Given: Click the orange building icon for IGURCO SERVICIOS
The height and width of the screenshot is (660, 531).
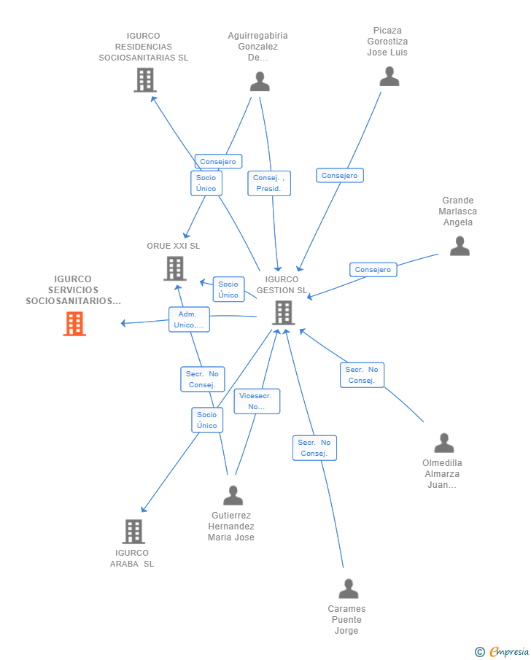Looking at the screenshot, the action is (x=74, y=324).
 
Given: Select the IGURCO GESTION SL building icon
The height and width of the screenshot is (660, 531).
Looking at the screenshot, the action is (x=284, y=313).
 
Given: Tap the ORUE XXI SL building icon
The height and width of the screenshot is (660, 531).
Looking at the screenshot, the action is (x=175, y=268).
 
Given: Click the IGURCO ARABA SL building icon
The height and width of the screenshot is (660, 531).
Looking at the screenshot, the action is (x=133, y=531).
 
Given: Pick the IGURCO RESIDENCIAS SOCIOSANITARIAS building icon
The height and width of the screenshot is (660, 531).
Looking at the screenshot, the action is (x=145, y=80).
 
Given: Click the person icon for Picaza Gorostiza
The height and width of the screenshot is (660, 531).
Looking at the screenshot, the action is (x=389, y=76).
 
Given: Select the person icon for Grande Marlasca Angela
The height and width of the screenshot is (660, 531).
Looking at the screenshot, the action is (x=460, y=246).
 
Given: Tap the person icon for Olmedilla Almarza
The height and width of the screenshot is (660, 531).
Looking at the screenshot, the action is (x=444, y=443).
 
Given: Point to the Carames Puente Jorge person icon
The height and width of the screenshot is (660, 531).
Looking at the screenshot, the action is (x=349, y=589).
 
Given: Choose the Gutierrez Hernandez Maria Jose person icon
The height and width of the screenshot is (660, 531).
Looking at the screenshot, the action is (x=233, y=495).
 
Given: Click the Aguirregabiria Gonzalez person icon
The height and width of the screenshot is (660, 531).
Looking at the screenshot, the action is (x=260, y=81).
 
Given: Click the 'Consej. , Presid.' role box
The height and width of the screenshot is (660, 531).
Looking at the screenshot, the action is (x=269, y=183).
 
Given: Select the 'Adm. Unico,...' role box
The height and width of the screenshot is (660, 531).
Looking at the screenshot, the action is (x=189, y=319).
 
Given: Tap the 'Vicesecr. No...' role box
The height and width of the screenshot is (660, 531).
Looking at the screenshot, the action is (x=257, y=401).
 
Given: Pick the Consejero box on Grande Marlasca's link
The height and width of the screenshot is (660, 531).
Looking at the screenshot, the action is (x=373, y=269).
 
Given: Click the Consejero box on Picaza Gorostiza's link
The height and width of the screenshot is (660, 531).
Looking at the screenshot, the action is (x=340, y=176).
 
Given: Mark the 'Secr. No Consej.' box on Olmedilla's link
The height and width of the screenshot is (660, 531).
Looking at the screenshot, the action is (x=362, y=375).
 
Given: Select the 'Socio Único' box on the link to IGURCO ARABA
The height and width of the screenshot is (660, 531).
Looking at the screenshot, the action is (x=207, y=420).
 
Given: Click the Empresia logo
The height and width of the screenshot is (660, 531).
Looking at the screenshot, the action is (x=502, y=651).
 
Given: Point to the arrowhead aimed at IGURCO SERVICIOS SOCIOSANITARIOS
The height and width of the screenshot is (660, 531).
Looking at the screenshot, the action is (x=123, y=323).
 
